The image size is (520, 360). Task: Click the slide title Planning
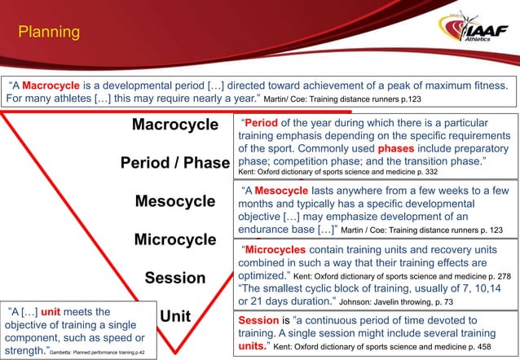49,33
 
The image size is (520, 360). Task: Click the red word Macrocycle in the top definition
50,85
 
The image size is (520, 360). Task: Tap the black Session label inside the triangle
175,278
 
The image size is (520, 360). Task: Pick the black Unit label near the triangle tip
175,316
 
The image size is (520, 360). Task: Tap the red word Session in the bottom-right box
257,320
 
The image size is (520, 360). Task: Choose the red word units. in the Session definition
253,346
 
